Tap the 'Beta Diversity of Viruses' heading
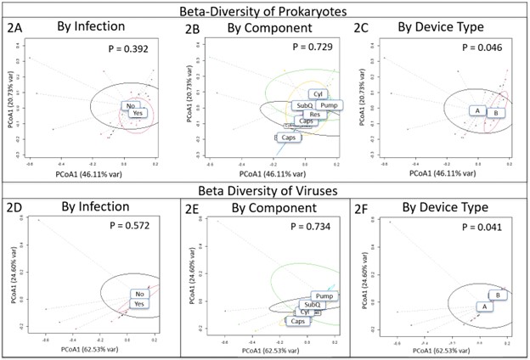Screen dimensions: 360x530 pyautogui.click(x=264, y=190)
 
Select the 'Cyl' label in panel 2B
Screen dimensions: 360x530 pyautogui.click(x=319, y=94)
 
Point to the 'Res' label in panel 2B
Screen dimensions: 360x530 pyautogui.click(x=314, y=114)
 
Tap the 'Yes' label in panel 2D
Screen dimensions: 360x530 pyautogui.click(x=141, y=303)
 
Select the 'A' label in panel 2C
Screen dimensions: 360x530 pyautogui.click(x=478, y=111)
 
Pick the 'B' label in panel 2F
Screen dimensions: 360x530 pyautogui.click(x=498, y=295)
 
